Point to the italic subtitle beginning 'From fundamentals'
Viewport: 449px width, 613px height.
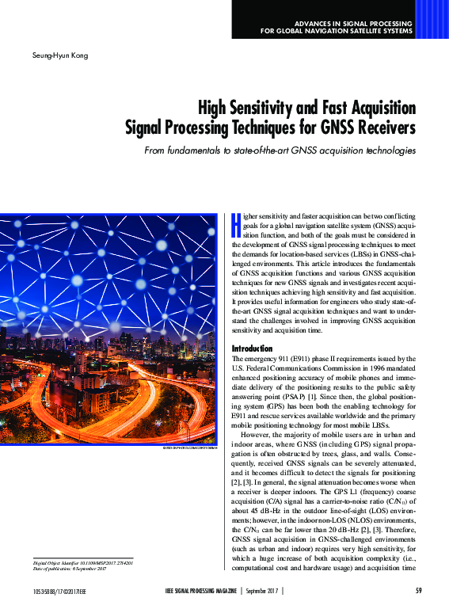(x=280, y=150)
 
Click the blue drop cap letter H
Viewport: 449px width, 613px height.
(x=236, y=223)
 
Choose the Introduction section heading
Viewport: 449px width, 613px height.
(x=252, y=348)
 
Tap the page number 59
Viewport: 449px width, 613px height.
(x=418, y=591)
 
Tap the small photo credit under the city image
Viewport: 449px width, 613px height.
(x=189, y=448)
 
